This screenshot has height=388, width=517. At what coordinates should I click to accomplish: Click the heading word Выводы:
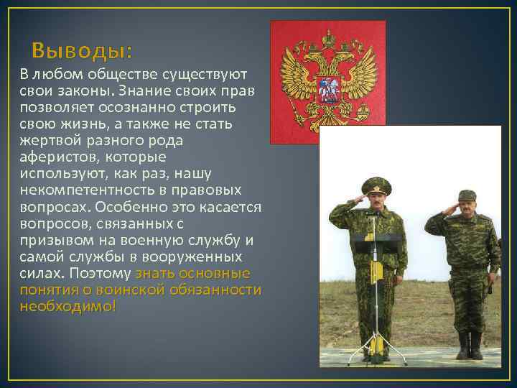coord(83,52)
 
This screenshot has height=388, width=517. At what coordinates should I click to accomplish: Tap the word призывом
coord(53,240)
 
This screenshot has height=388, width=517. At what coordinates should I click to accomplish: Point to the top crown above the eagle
coord(328,35)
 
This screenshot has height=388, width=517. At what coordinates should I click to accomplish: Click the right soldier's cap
coord(467,195)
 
